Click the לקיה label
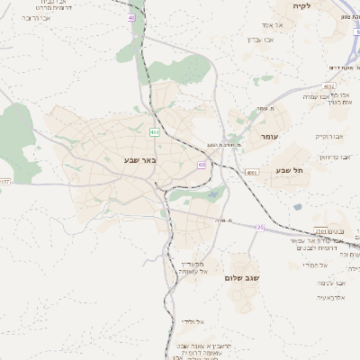[301, 6]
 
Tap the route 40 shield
[131, 17]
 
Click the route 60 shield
[202, 165]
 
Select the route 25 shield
[260, 228]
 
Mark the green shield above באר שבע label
[155, 132]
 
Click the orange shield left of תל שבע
[252, 172]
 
